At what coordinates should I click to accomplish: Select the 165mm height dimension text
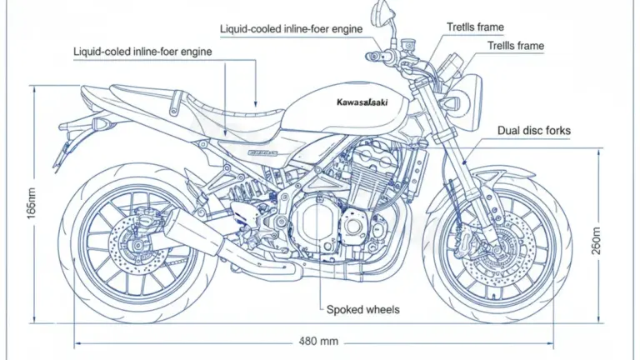[x=31, y=202]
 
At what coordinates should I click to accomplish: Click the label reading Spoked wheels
[x=362, y=309]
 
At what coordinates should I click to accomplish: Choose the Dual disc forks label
[x=533, y=131]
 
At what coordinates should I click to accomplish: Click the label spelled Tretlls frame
[x=475, y=27]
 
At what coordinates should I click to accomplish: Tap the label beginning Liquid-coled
[x=142, y=52]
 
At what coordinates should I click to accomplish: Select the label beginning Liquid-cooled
[x=292, y=29]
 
